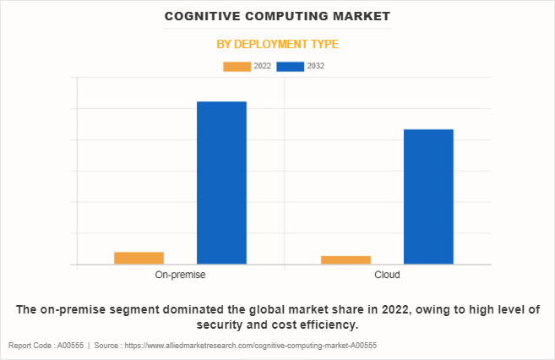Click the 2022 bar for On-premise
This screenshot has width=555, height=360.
[x=139, y=258]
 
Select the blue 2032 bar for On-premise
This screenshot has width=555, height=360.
[x=221, y=183]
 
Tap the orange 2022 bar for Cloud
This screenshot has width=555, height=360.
[x=346, y=259]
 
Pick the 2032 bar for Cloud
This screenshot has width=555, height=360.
[x=428, y=196]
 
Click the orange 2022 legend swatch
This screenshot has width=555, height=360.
[x=237, y=66]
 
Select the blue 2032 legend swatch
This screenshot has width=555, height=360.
[x=290, y=66]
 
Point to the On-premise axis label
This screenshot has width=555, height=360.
[x=180, y=275]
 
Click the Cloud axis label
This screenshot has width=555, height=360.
[x=387, y=275]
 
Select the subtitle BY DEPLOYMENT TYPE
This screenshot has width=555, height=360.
[x=277, y=44]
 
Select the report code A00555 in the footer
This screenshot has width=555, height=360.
[x=70, y=346]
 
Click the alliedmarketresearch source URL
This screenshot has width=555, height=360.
[x=249, y=346]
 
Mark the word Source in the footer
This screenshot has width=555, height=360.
[x=106, y=346]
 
